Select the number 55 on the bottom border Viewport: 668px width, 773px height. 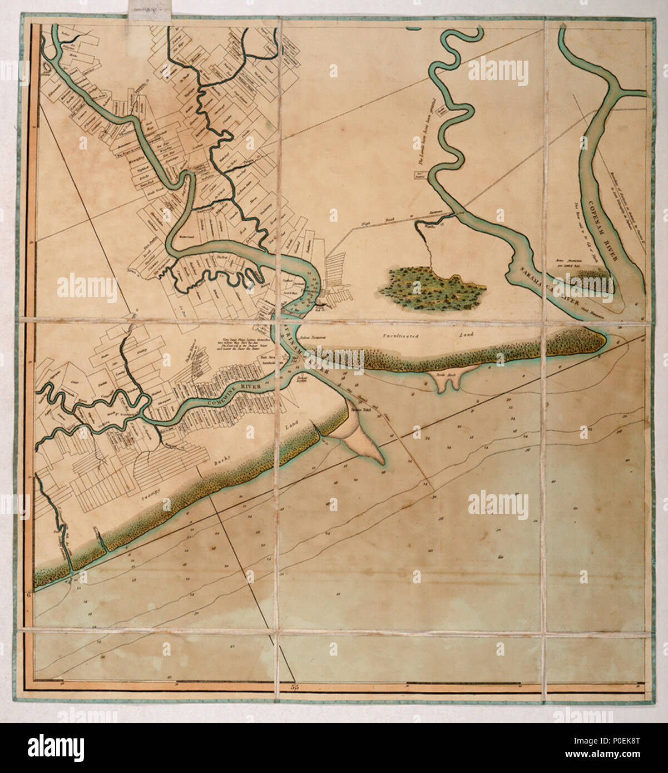click(295, 687)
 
